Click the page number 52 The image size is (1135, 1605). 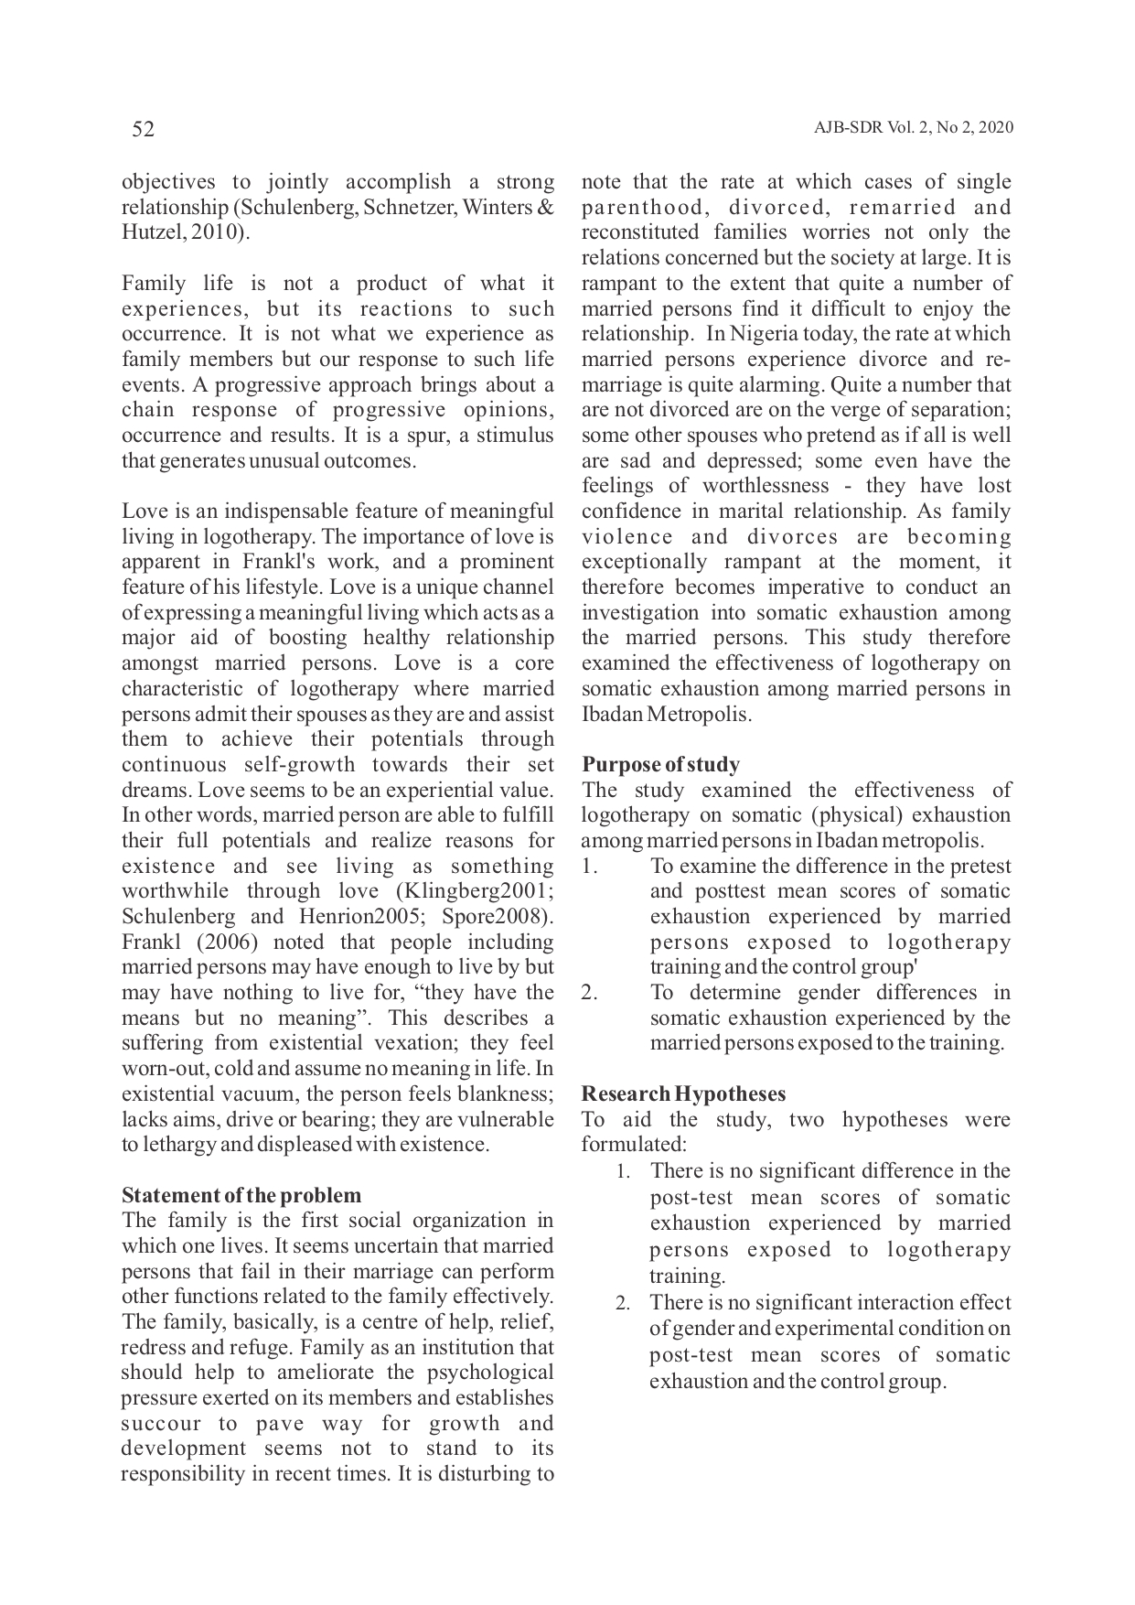(144, 130)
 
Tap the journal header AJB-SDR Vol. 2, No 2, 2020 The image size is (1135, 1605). (913, 128)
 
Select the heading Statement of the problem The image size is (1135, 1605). (241, 1195)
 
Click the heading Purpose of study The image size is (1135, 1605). (660, 764)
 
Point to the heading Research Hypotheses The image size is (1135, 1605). (683, 1093)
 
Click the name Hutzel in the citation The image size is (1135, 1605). (148, 232)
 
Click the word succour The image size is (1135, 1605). (161, 1424)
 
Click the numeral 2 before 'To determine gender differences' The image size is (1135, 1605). (590, 993)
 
